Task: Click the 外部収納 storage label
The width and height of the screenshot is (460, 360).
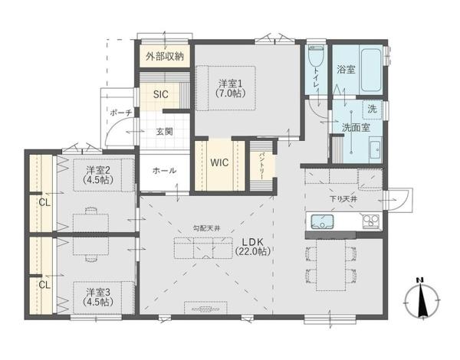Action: tap(165, 56)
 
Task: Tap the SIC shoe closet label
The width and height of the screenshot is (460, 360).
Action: tap(161, 94)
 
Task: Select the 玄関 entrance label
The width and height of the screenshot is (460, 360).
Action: tap(164, 132)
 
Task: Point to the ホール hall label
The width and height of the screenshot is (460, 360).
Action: tap(164, 170)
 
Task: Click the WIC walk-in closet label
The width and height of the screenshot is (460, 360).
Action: tap(219, 162)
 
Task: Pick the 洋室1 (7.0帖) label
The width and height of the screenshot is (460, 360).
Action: tap(230, 88)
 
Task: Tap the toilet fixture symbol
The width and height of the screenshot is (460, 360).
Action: tap(316, 56)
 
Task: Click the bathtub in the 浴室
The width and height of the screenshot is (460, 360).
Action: tap(371, 70)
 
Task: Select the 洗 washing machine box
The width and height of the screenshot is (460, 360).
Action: tap(372, 110)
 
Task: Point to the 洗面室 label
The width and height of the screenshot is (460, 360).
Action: tap(356, 127)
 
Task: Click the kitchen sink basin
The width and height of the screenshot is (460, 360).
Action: tap(322, 221)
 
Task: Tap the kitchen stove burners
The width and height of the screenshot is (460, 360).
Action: tap(371, 221)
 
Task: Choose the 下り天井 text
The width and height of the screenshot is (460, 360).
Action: tap(343, 199)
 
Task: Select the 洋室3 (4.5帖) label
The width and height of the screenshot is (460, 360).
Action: tap(98, 296)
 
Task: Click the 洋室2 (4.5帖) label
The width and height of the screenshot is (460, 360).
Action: tap(98, 175)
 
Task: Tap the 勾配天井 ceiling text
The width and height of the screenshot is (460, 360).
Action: tap(206, 228)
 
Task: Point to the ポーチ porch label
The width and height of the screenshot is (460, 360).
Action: tap(120, 113)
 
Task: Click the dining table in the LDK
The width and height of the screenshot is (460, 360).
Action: tap(331, 265)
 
